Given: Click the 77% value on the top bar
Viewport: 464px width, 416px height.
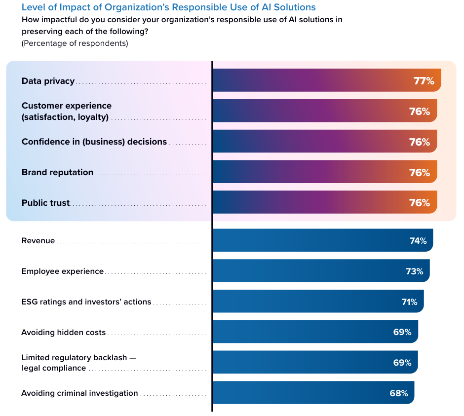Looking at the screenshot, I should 424,81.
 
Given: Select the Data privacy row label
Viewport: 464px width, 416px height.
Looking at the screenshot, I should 48,81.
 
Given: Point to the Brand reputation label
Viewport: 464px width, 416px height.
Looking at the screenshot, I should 57,172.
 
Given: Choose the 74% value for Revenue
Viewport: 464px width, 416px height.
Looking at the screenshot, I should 418,241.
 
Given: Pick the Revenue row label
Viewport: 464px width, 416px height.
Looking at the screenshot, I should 38,241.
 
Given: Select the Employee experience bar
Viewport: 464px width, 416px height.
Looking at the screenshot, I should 316,271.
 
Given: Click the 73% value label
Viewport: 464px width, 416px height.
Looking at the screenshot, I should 415,271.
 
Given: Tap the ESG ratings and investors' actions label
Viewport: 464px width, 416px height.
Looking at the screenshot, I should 86,302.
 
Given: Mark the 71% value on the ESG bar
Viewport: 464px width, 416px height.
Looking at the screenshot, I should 409,302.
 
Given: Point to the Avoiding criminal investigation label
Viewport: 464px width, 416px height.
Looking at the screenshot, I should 79,393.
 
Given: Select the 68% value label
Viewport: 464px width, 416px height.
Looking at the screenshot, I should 399,393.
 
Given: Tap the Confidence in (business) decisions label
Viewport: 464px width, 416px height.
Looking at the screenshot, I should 94,142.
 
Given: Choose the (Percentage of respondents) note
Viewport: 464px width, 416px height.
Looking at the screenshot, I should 75,43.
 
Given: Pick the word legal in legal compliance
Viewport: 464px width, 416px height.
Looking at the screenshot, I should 30,368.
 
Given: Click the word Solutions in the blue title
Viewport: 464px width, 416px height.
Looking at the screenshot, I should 297,7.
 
